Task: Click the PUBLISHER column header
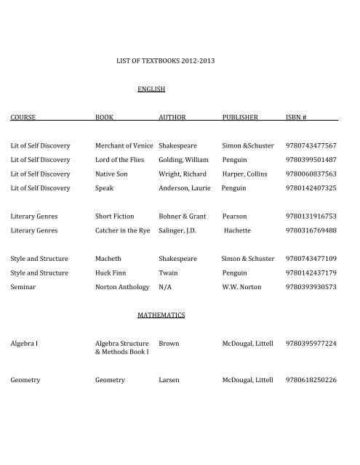244,116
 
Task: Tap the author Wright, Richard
183,174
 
